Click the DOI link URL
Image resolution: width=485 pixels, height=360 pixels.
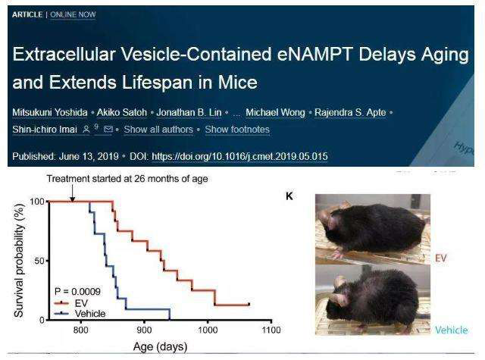tap(239, 157)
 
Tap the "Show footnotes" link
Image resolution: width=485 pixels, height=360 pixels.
tap(237, 130)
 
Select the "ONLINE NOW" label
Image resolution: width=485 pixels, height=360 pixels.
tap(73, 14)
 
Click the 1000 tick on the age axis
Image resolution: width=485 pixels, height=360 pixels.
tap(207, 331)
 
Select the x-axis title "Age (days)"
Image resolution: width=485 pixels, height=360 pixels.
tap(160, 347)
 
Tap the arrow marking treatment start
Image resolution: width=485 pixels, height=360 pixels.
tap(73, 194)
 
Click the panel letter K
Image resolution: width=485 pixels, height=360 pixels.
tap(289, 196)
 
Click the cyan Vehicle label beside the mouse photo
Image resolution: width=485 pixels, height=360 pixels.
tap(451, 330)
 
